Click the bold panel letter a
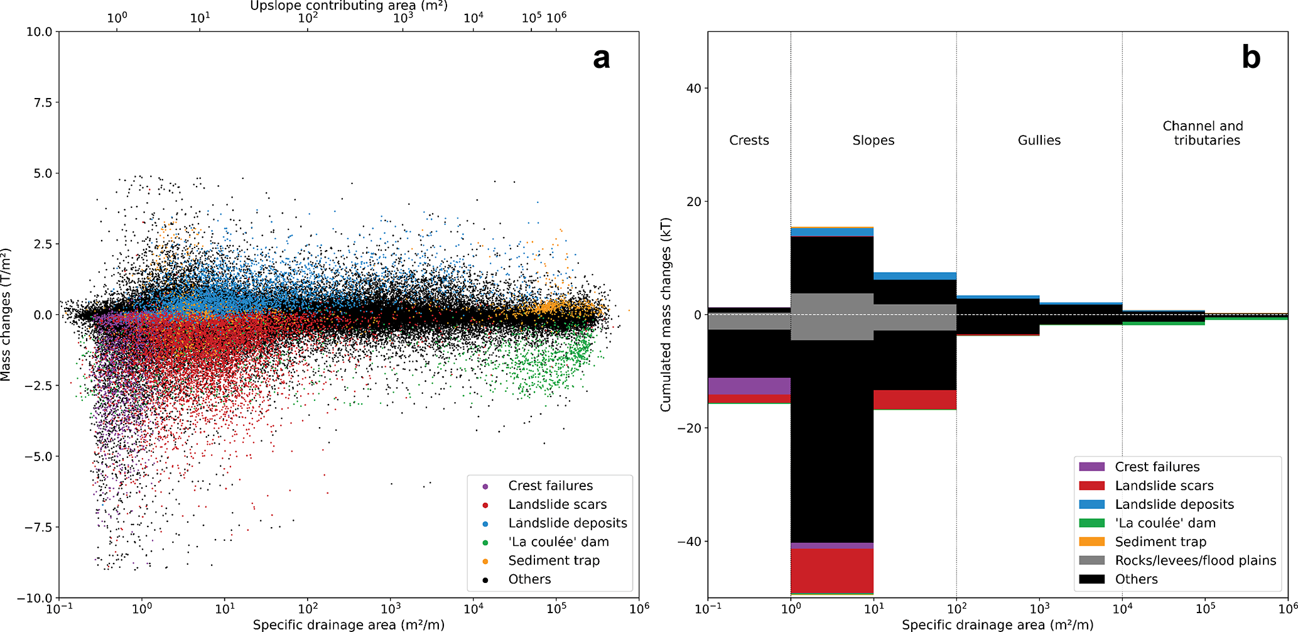pyautogui.click(x=601, y=58)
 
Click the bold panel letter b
pyautogui.click(x=1251, y=58)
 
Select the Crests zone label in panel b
pyautogui.click(x=749, y=141)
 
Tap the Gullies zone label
pyautogui.click(x=1039, y=141)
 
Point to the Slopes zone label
pyautogui.click(x=873, y=141)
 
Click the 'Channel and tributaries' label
pyautogui.click(x=1203, y=133)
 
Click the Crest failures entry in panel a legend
pyautogui.click(x=550, y=486)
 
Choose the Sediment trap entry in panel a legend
pyautogui.click(x=553, y=560)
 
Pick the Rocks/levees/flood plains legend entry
pyautogui.click(x=1195, y=560)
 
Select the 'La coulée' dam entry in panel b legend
pyautogui.click(x=1165, y=523)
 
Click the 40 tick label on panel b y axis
pyautogui.click(x=693, y=89)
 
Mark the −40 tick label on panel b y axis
pyautogui.click(x=689, y=542)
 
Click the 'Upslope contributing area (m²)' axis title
pyautogui.click(x=349, y=6)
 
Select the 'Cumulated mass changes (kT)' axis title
pyautogui.click(x=666, y=314)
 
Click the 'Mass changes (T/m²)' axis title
pyautogui.click(x=6, y=314)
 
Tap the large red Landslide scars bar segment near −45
pyautogui.click(x=831, y=570)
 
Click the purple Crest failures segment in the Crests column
pyautogui.click(x=749, y=386)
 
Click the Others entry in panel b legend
pyautogui.click(x=1136, y=579)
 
